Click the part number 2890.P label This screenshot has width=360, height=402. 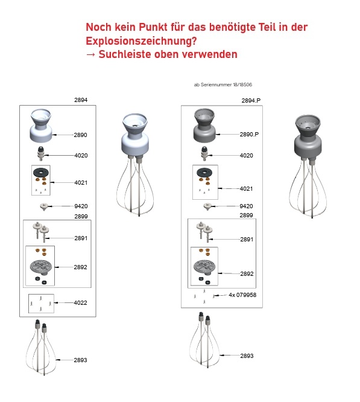point(249,135)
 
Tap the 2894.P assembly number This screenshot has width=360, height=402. point(251,100)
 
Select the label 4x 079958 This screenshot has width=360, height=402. point(242,295)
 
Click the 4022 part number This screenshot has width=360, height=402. point(80,303)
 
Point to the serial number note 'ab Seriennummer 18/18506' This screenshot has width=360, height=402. point(223,85)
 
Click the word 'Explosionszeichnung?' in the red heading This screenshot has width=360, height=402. point(141,41)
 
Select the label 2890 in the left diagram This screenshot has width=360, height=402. point(80,135)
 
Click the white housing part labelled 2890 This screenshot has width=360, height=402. point(41,126)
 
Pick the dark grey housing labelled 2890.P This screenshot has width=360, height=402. point(204,125)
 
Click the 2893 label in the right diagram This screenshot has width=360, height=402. point(247,356)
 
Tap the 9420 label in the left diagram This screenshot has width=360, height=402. point(81,206)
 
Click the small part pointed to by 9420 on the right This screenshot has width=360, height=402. point(207,206)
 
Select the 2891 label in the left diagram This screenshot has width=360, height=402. point(81,238)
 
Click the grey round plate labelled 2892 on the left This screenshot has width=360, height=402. point(41,267)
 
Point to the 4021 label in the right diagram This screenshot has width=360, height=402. point(246,189)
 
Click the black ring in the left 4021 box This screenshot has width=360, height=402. point(40,172)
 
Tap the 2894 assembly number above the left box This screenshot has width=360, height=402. point(81,100)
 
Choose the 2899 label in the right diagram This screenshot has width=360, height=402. point(246,215)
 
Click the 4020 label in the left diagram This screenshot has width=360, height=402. point(81,155)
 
